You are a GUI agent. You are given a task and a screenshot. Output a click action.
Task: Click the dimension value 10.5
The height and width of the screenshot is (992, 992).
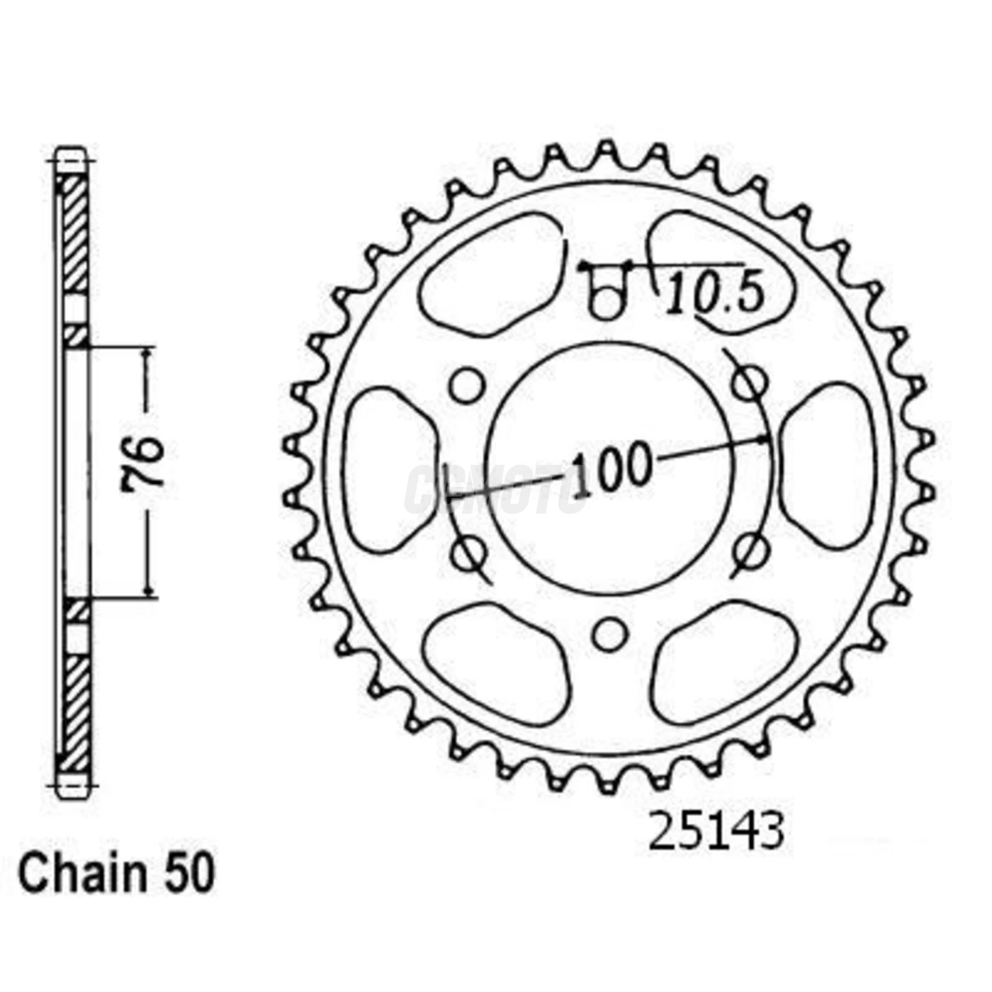coord(715,293)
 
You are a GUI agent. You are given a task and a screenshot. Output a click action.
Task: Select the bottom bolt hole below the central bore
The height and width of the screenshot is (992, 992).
coord(609,633)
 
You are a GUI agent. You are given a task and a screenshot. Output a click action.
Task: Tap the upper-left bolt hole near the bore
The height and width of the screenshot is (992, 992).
coord(468,385)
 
